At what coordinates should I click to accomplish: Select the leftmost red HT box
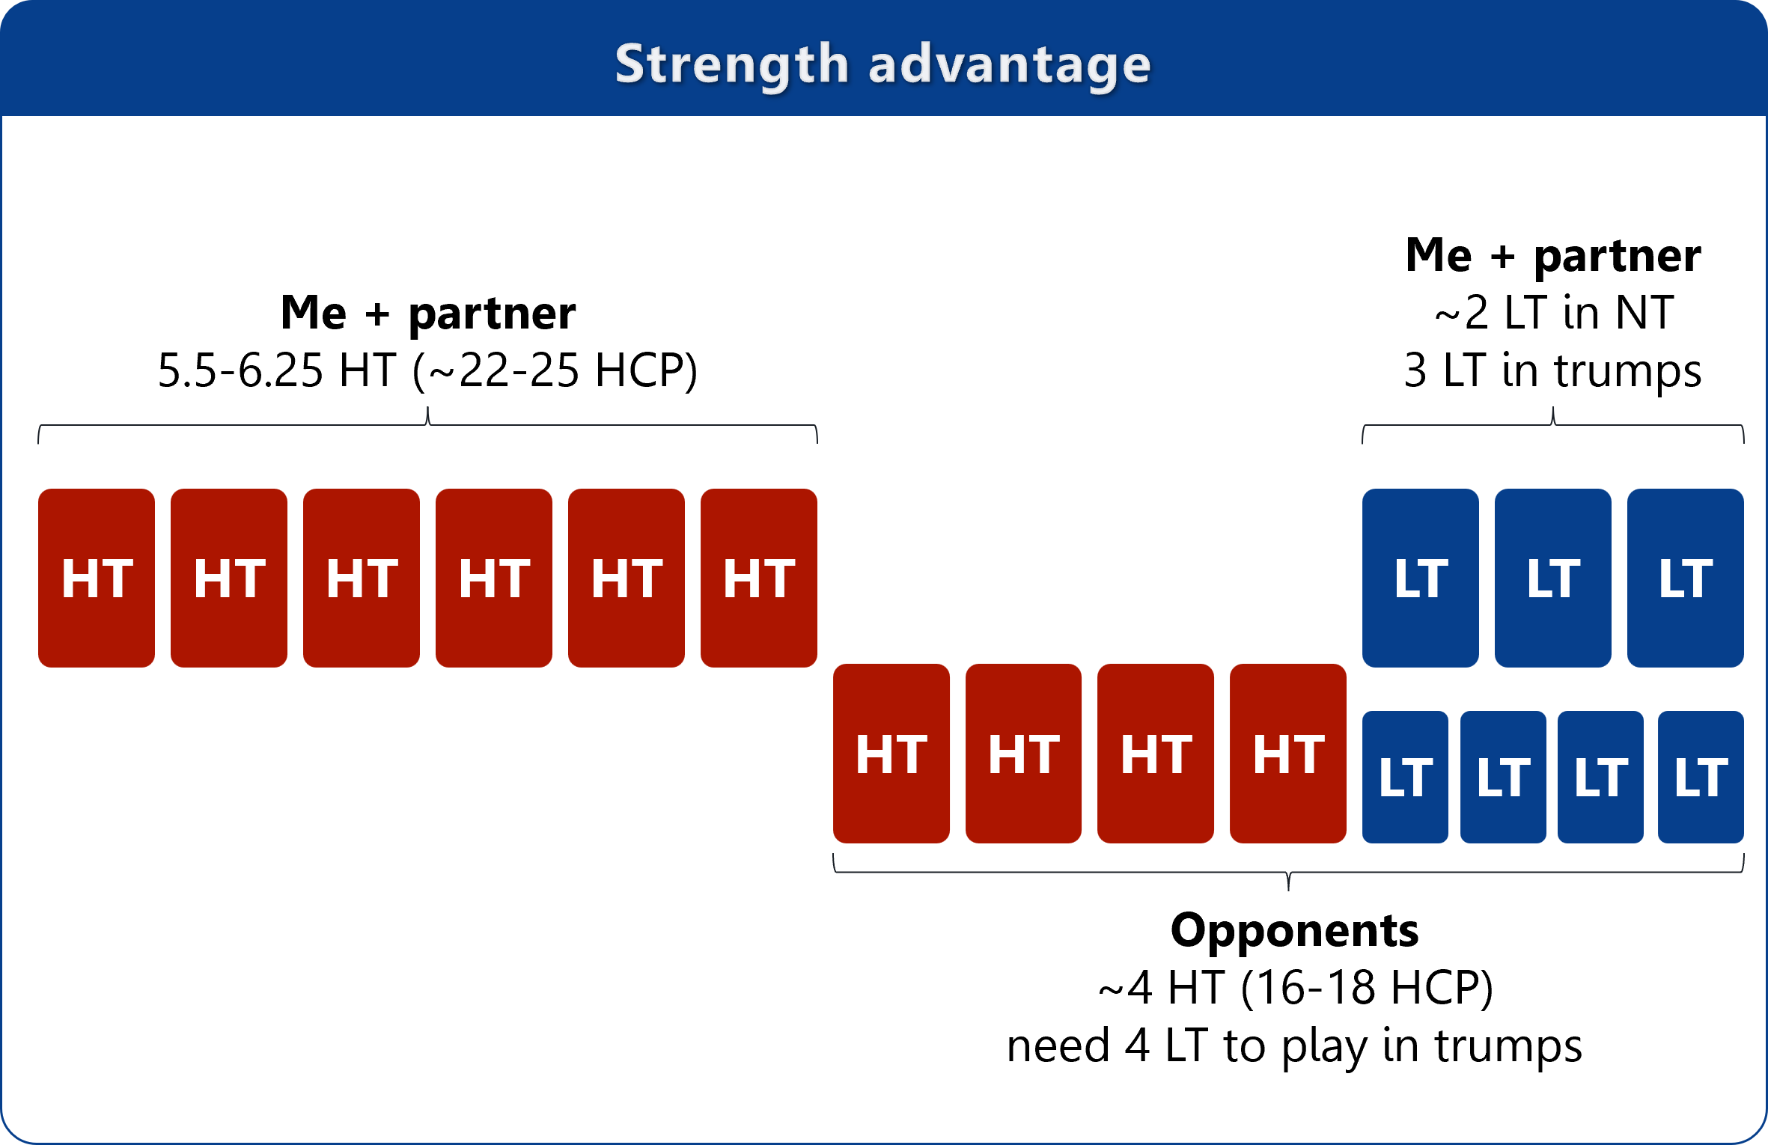coord(97,578)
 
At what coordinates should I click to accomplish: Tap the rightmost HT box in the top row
coord(759,578)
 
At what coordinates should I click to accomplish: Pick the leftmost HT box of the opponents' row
coord(891,754)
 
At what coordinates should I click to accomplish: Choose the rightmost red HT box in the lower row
coord(1288,754)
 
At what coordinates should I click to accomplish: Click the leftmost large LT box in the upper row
coord(1421,578)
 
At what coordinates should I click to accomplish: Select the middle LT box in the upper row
coord(1553,578)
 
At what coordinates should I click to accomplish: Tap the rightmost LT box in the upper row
coord(1686,578)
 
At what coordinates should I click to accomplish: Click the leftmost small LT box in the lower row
coord(1405,777)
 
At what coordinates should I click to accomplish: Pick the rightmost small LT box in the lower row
coord(1701,777)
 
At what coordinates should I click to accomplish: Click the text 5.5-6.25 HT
coord(277,370)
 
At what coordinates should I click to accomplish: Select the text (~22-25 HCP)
coord(555,370)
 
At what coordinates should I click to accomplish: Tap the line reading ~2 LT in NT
coord(1554,313)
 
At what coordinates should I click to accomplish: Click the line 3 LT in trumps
coord(1553,370)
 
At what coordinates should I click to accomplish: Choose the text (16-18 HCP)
coord(1367,988)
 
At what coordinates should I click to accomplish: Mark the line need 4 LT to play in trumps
coord(1295,1045)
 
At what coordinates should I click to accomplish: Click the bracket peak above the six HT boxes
coord(427,409)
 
